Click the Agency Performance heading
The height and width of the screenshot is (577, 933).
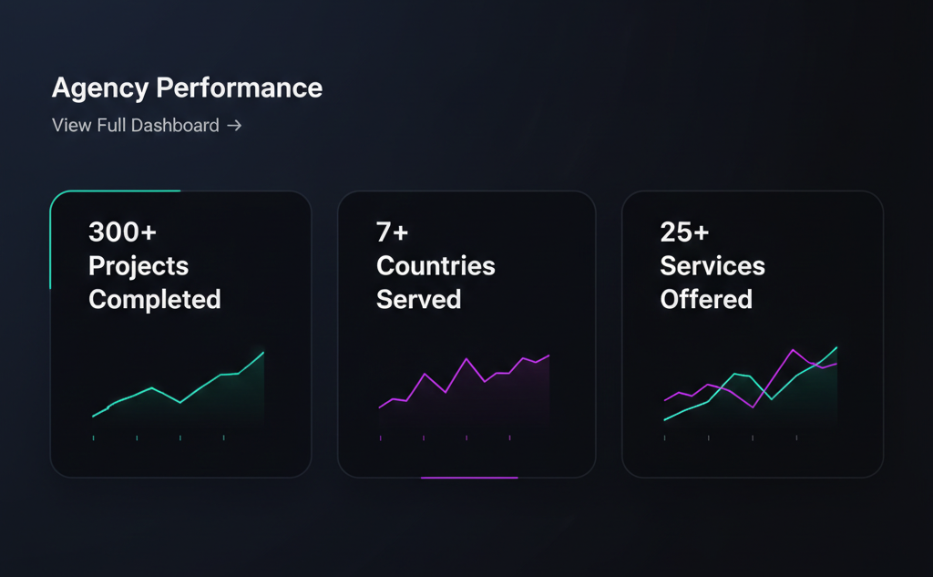click(187, 88)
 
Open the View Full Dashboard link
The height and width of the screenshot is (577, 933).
click(136, 126)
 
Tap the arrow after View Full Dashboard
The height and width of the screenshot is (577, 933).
click(234, 126)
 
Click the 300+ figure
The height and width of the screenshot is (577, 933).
click(122, 232)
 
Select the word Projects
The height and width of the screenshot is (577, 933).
click(138, 266)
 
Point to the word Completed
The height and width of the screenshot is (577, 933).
click(155, 299)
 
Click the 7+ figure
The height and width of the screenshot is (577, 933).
click(393, 232)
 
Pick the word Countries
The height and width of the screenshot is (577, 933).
click(436, 266)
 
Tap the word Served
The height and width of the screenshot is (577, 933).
click(418, 299)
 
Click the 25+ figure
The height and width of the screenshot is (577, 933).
click(684, 232)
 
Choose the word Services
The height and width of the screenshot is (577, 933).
click(713, 266)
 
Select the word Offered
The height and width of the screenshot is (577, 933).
click(706, 299)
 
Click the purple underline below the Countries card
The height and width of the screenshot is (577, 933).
click(469, 477)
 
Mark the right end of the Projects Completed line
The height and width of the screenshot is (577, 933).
click(263, 352)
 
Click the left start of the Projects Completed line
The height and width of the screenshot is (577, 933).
click(93, 417)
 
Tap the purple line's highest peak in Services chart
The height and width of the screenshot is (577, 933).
click(794, 349)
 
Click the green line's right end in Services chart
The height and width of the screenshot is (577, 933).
click(836, 347)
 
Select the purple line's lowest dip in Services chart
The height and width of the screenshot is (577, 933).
click(753, 407)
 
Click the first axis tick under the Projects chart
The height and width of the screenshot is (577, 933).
click(93, 438)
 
